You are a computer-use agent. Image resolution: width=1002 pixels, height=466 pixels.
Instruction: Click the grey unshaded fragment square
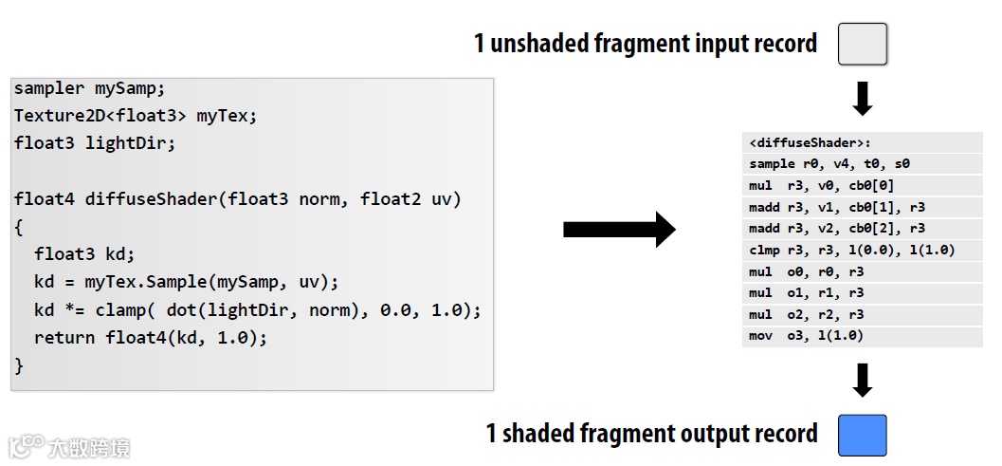[862, 44]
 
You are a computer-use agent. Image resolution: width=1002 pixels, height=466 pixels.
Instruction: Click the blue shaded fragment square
[862, 435]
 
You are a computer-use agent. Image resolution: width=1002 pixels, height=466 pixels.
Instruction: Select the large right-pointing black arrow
[619, 230]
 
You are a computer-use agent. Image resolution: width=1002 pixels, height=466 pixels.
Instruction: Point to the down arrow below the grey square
[863, 98]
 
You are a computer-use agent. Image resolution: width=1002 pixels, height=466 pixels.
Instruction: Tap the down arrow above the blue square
[863, 380]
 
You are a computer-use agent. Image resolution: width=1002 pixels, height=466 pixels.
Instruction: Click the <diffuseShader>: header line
[809, 142]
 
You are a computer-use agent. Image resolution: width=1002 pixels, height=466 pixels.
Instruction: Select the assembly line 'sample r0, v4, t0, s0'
[829, 164]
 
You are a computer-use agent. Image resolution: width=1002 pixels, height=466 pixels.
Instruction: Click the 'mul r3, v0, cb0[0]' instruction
[821, 185]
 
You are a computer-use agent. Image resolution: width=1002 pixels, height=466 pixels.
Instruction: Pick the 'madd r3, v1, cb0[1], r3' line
[837, 207]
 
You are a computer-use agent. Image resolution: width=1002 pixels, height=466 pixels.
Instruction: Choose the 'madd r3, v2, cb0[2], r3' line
[837, 228]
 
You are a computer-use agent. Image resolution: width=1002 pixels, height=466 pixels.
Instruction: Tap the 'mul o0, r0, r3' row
[806, 271]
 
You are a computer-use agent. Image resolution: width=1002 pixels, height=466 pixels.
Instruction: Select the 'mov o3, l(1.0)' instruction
[806, 335]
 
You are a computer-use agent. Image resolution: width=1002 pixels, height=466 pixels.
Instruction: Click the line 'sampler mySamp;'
[90, 88]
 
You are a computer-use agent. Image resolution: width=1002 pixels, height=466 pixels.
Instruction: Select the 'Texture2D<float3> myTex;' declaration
[136, 116]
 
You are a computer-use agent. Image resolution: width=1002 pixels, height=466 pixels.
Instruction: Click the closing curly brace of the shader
[19, 364]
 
